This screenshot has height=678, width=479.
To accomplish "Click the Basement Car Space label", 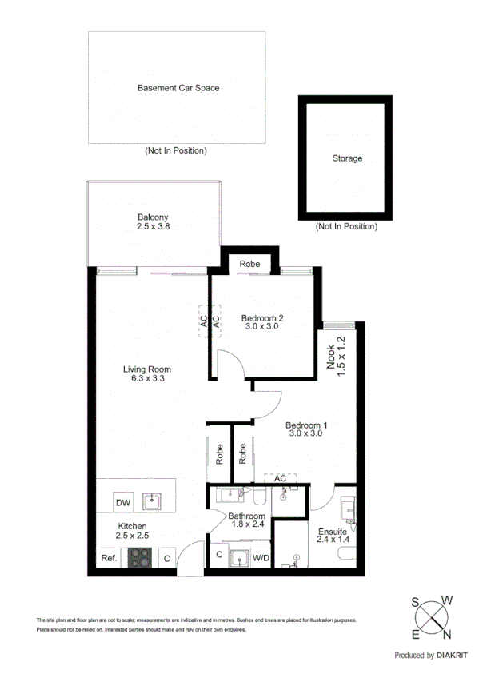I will (178, 88).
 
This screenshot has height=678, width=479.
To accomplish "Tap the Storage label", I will (347, 158).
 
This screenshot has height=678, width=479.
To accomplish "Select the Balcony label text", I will (153, 217).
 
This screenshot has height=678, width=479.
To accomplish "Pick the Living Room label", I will (147, 369).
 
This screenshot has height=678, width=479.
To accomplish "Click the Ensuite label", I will (332, 532).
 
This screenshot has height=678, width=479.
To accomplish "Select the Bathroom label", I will (247, 516).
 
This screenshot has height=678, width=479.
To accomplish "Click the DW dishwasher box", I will (122, 503).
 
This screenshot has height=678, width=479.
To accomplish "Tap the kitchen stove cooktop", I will (141, 558).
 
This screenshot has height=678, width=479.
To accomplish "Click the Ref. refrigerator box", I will (108, 559).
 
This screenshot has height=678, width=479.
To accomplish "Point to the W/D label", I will (261, 557).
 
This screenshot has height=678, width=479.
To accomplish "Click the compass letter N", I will (446, 635).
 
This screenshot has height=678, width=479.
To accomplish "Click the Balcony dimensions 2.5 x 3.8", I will (153, 227).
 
